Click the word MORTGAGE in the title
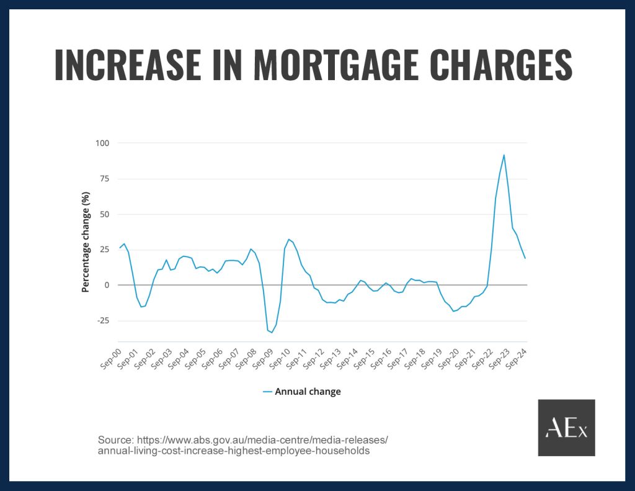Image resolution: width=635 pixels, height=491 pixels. (x=314, y=64)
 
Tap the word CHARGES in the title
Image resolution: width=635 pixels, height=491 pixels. (x=492, y=64)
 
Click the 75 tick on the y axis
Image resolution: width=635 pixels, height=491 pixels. (x=105, y=179)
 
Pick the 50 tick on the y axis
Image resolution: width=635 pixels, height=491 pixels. (x=105, y=214)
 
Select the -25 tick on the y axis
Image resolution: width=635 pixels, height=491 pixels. (x=103, y=321)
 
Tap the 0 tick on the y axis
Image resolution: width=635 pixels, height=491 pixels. (x=107, y=286)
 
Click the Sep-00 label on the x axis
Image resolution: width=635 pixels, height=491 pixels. (x=111, y=359)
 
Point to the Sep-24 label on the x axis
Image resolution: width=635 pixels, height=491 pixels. (x=518, y=359)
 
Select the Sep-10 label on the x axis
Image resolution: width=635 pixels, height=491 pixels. (x=280, y=359)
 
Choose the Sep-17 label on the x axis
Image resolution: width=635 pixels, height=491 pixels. (x=399, y=359)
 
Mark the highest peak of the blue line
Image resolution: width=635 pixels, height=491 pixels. (x=504, y=155)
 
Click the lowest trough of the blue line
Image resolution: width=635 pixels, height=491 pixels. (x=272, y=333)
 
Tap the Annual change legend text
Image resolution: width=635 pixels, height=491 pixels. (x=308, y=392)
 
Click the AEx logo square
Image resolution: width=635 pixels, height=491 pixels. (x=566, y=428)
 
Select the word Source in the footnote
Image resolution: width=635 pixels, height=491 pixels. (x=115, y=440)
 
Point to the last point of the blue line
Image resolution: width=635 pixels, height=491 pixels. (x=525, y=258)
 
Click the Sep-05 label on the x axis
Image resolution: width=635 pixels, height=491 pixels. (x=196, y=359)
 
